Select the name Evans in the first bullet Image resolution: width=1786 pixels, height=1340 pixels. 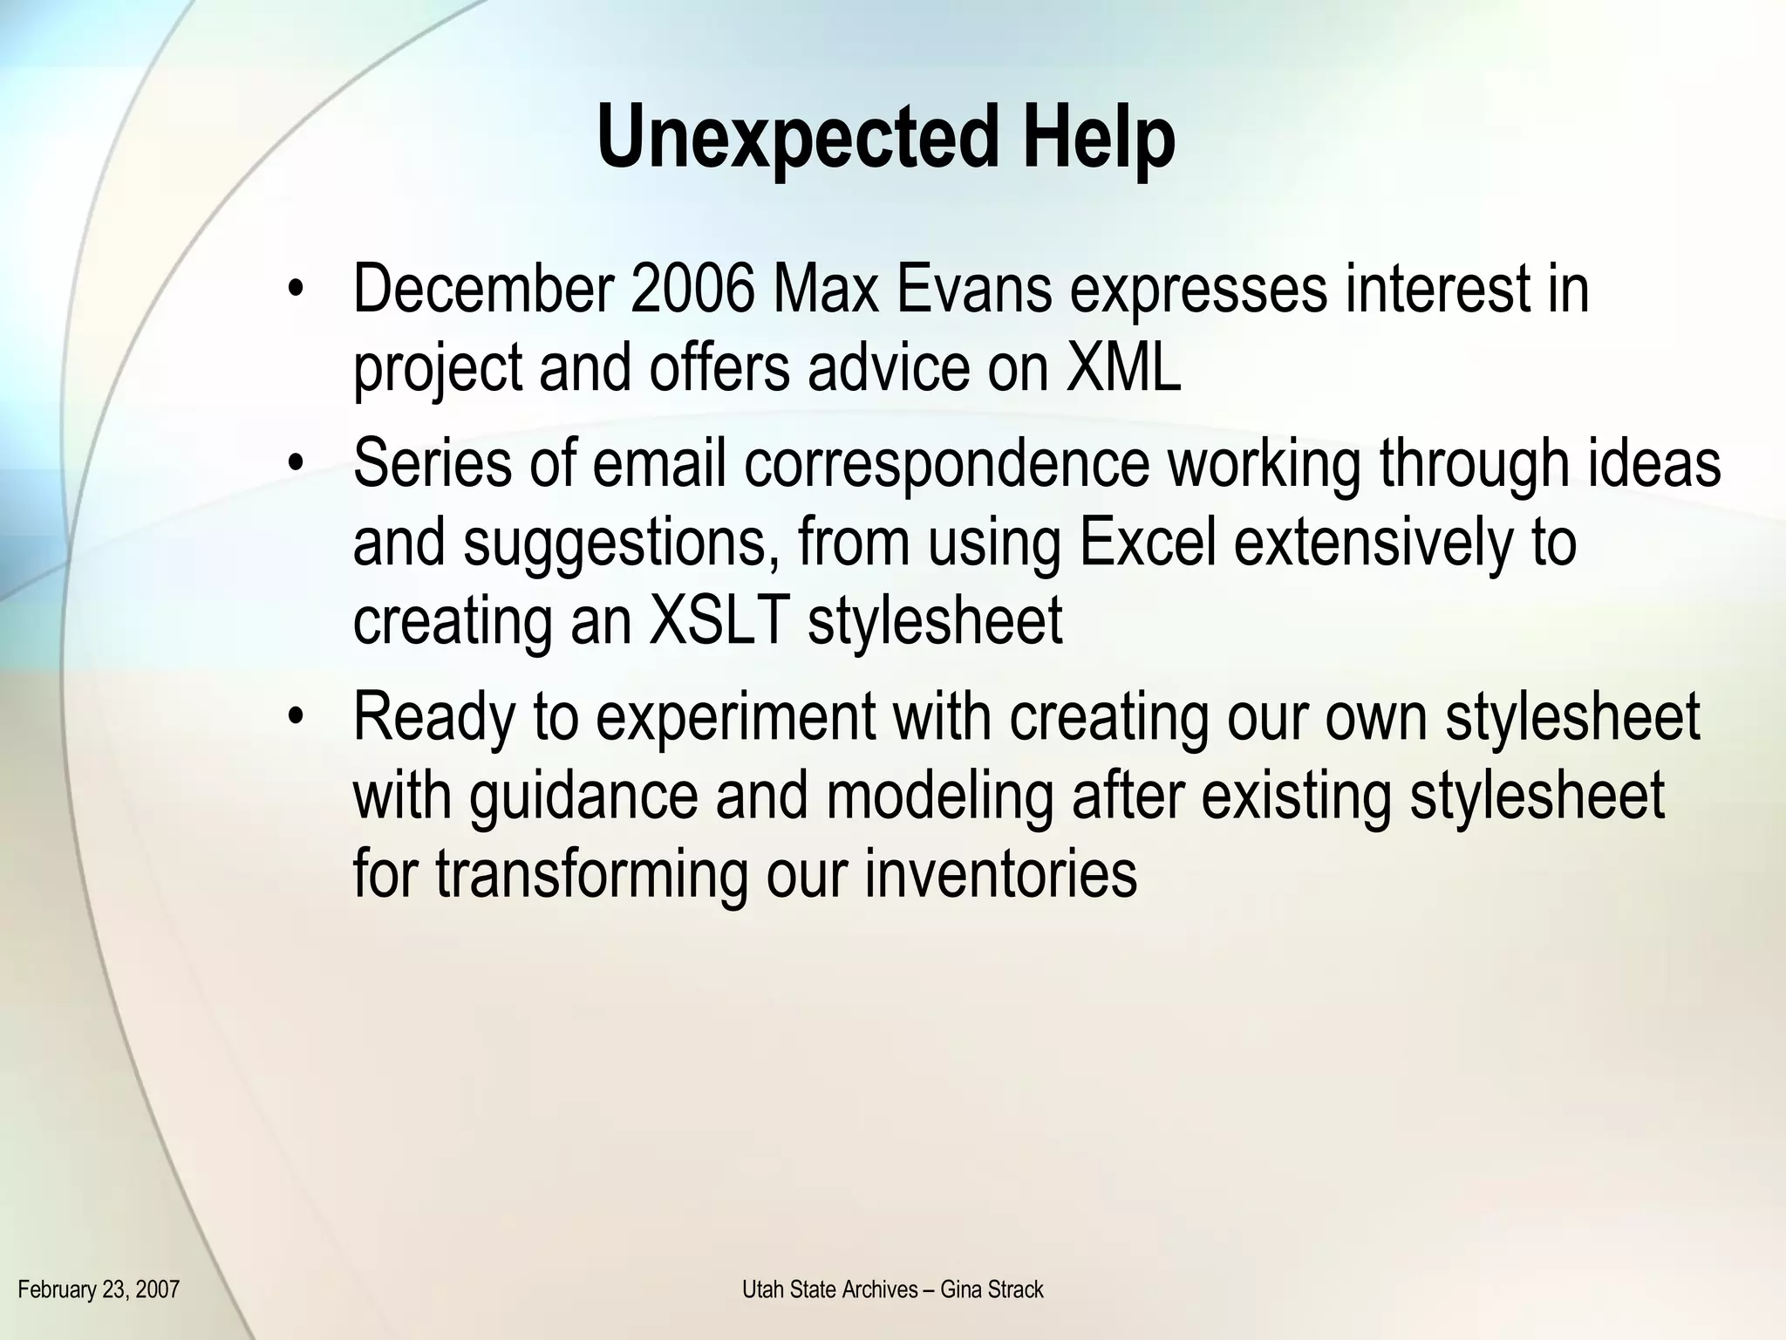[971, 290]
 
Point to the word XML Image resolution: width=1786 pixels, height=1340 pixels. [1123, 368]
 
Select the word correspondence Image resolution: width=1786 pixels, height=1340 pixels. [947, 464]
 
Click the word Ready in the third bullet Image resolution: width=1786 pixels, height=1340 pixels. [435, 717]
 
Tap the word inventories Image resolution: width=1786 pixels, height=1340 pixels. [1001, 874]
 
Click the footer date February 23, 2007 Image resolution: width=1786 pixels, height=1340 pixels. [99, 1289]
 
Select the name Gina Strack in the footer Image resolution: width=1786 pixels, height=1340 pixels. [992, 1289]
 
